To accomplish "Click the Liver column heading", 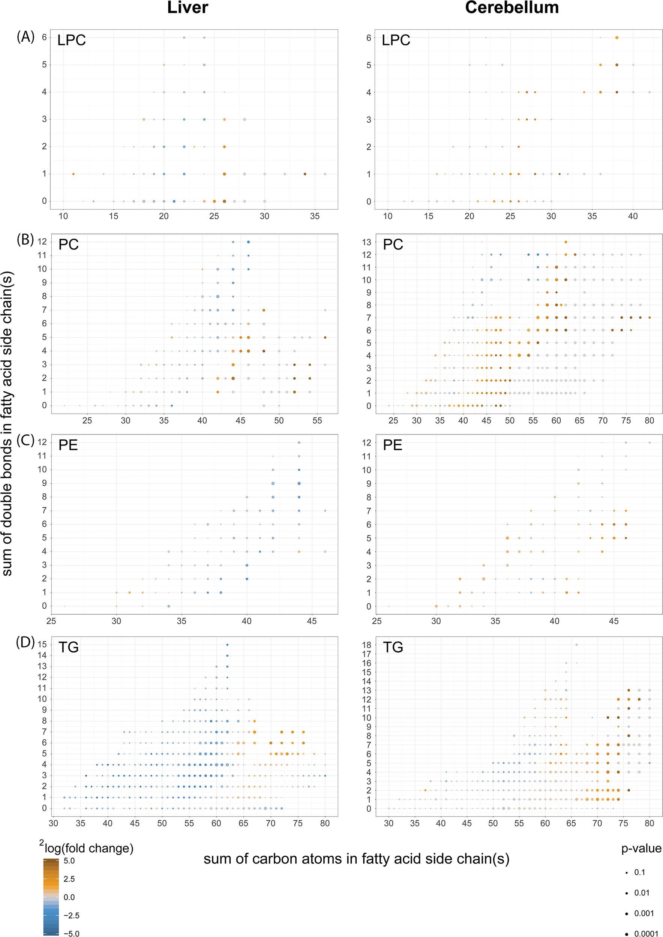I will (187, 8).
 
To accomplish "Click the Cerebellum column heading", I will (511, 8).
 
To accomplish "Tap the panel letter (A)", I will (25, 37).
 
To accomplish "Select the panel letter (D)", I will (25, 642).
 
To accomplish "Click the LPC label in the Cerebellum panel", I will (396, 40).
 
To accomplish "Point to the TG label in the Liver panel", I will (68, 647).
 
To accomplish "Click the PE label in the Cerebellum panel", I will (392, 445).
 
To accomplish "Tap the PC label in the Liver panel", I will (68, 244).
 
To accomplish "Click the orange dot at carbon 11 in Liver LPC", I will (73, 174).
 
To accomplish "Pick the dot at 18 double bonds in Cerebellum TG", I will (576, 645).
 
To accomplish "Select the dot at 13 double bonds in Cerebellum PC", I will (566, 242).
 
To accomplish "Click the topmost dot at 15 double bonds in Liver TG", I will (227, 645).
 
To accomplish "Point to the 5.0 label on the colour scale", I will (69, 860).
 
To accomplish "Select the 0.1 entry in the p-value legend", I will (639, 872).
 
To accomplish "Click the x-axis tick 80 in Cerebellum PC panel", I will (649, 420).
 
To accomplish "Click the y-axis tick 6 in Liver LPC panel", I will (44, 37).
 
